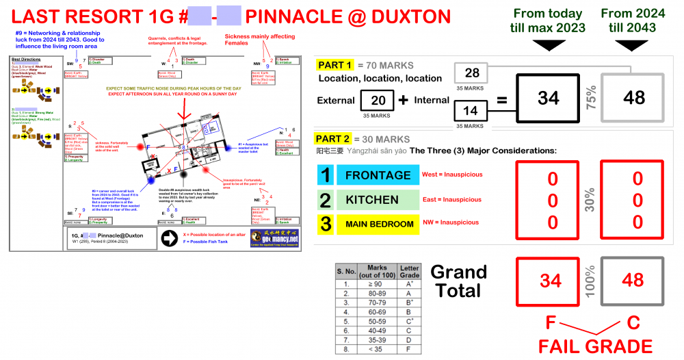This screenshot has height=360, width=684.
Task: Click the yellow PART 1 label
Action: click(334, 66)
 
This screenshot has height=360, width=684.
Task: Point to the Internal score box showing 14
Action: click(471, 109)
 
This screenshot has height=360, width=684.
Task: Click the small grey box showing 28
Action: click(471, 73)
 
